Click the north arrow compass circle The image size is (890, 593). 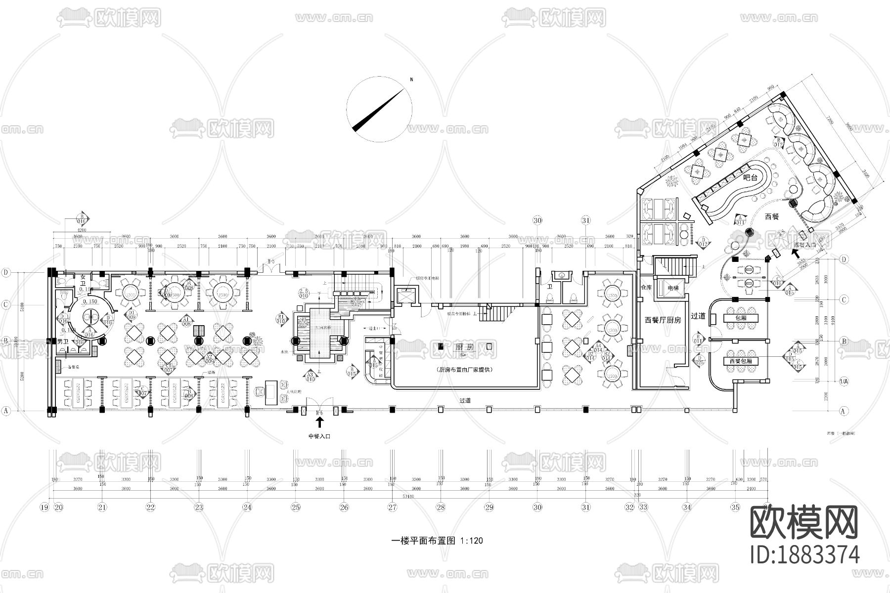pyautogui.click(x=379, y=110)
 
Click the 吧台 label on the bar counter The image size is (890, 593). pyautogui.click(x=751, y=177)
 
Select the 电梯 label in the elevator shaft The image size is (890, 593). pyautogui.click(x=672, y=288)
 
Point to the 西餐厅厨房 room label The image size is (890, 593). pyautogui.click(x=663, y=320)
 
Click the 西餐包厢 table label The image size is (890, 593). pyautogui.click(x=740, y=361)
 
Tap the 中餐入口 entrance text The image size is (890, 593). pyautogui.click(x=319, y=436)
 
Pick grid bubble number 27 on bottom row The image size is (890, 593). pyautogui.click(x=392, y=507)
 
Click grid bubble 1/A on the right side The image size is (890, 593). pyautogui.click(x=845, y=381)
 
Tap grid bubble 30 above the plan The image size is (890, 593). pyautogui.click(x=537, y=220)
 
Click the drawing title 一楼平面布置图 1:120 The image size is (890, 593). pyautogui.click(x=437, y=541)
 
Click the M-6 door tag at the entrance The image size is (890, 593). pyautogui.click(x=319, y=412)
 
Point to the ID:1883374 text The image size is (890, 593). pyautogui.click(x=808, y=554)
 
